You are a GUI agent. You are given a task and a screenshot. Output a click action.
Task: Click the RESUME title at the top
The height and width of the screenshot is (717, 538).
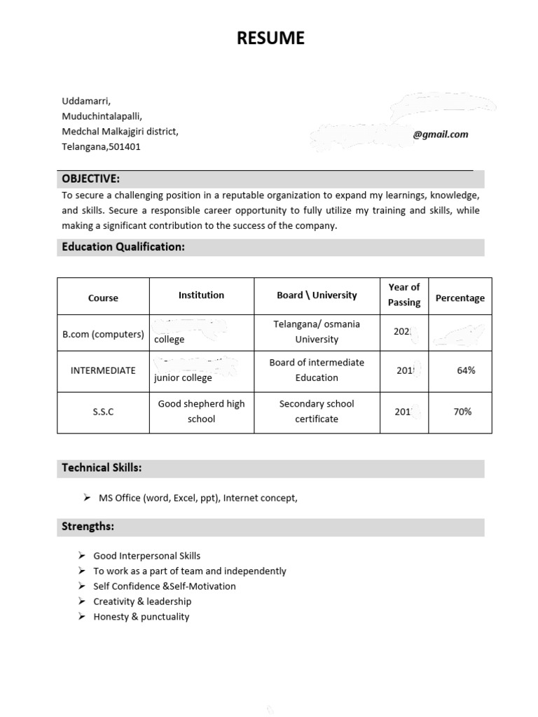[270, 39]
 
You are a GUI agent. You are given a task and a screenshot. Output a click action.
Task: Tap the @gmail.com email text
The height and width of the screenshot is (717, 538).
[440, 134]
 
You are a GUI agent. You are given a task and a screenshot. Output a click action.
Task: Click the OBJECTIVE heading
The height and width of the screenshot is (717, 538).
[90, 179]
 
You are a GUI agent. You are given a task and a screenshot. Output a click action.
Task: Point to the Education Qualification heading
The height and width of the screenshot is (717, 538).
[123, 246]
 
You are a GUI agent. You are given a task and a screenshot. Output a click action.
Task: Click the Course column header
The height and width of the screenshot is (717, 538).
[103, 298]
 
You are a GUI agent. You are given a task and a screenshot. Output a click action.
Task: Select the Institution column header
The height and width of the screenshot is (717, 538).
[201, 295]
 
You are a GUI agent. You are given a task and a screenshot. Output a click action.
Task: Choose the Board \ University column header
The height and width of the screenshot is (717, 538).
[317, 295]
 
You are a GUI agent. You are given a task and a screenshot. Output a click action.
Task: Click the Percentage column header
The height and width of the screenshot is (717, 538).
[460, 298]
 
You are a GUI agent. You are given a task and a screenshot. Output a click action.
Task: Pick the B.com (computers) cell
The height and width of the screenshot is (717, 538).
[103, 334]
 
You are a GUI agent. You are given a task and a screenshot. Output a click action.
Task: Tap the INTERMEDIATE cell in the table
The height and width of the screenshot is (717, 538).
[103, 370]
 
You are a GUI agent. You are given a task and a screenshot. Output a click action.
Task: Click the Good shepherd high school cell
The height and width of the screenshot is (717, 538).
[201, 411]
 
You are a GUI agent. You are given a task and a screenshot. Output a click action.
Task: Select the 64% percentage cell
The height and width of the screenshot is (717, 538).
[466, 370]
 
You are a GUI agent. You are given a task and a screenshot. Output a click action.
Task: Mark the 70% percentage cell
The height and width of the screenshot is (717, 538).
[462, 412]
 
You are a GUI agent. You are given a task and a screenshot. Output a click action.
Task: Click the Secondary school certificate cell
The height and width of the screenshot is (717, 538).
[317, 411]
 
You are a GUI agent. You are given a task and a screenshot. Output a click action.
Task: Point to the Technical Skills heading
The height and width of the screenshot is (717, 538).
[102, 468]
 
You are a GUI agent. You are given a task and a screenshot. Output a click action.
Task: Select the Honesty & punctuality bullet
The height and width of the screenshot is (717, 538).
[141, 616]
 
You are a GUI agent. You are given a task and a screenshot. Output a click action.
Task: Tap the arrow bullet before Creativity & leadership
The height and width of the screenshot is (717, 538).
[83, 601]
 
